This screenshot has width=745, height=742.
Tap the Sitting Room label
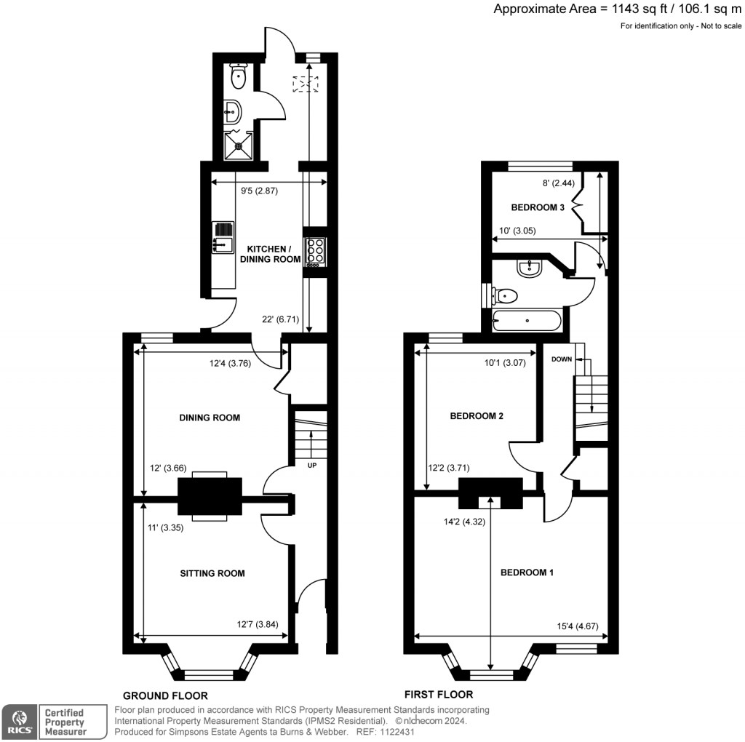click(212, 573)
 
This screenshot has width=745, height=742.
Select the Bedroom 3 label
click(537, 207)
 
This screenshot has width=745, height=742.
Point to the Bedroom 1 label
click(527, 573)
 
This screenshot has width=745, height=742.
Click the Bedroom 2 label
click(477, 416)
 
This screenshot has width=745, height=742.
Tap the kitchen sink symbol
click(223, 237)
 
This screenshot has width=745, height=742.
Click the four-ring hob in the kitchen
click(315, 250)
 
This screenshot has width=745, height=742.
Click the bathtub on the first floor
click(527, 319)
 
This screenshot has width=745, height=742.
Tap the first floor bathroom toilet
click(504, 295)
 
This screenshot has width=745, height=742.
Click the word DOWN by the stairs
click(561, 359)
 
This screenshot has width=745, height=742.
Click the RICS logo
click(18, 721)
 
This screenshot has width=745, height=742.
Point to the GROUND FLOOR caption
click(165, 695)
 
